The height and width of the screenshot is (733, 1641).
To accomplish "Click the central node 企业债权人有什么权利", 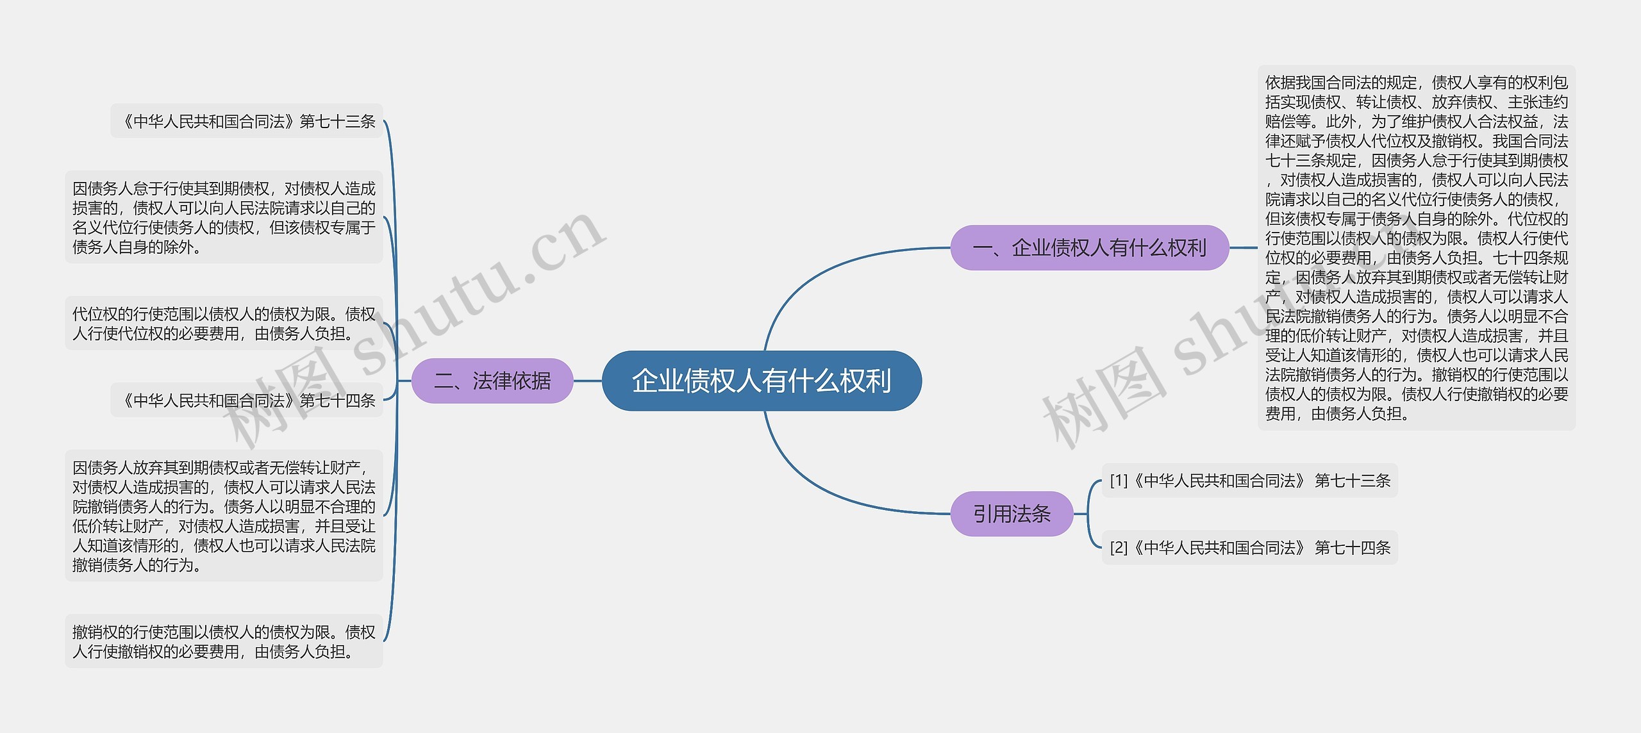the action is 762,381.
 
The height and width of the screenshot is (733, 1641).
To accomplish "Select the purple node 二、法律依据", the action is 492,381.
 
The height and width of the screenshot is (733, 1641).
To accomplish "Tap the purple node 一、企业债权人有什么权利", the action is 1089,248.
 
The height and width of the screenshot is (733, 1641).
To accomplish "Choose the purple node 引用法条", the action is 1012,514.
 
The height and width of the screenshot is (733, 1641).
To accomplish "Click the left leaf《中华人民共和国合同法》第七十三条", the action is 247,121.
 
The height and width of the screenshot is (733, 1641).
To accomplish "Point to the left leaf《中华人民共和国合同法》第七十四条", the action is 247,400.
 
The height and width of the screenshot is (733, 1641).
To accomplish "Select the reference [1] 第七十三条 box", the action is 1249,481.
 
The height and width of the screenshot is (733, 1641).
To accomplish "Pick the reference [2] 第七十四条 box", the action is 1249,548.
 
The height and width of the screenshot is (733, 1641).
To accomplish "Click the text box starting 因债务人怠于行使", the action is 224,217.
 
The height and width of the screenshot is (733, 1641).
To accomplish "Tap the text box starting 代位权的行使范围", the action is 224,324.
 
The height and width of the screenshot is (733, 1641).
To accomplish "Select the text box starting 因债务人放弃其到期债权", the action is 224,516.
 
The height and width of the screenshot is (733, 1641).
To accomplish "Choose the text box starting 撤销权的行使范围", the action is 224,641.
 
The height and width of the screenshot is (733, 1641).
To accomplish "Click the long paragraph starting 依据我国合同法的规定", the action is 1416,248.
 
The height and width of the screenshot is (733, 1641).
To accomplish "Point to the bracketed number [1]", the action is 1119,481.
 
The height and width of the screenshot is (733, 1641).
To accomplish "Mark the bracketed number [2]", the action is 1119,548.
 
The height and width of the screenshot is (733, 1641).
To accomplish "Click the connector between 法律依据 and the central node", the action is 587,381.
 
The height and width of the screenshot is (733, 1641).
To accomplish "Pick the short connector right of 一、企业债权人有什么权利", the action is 1243,248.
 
